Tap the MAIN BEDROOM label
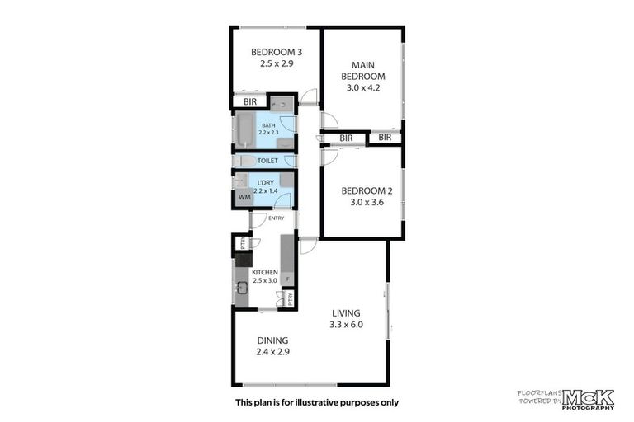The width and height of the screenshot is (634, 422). click(x=363, y=71)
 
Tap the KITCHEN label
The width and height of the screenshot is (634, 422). click(x=265, y=272)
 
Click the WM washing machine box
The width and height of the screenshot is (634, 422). click(x=244, y=198)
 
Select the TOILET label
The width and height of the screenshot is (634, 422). click(x=267, y=161)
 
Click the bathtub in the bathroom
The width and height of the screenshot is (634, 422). click(x=245, y=130)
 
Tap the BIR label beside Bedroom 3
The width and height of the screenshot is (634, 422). click(x=249, y=101)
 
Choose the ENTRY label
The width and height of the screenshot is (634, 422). click(x=276, y=218)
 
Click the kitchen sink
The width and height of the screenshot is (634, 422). click(x=243, y=288)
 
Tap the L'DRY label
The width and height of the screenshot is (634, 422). click(x=265, y=181)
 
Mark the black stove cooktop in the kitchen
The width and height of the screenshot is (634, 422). click(x=243, y=260)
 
